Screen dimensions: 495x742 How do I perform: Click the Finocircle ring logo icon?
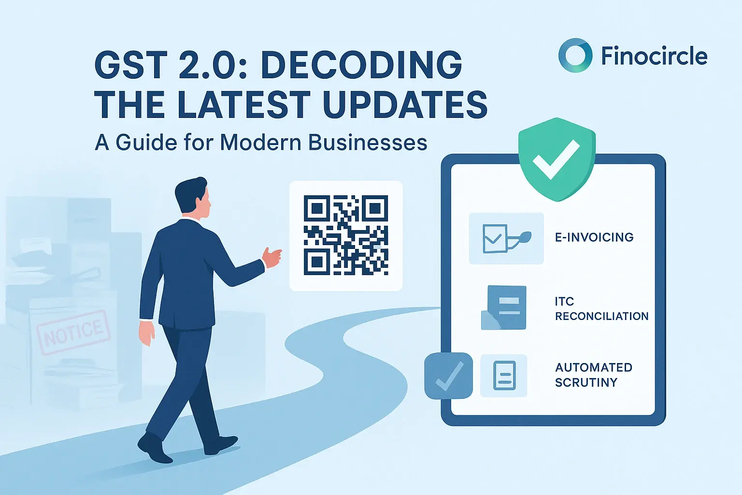(x=575, y=56)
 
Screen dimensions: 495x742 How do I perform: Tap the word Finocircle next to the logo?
(x=654, y=56)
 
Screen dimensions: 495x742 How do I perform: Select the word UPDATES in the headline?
(x=405, y=104)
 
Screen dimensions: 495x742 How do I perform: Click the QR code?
(x=346, y=235)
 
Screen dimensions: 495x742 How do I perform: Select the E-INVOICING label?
(x=594, y=237)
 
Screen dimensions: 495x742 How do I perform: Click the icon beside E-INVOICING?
(x=506, y=238)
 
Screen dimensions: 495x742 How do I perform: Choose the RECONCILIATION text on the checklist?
(x=601, y=316)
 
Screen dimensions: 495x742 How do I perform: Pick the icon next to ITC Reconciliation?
(x=503, y=308)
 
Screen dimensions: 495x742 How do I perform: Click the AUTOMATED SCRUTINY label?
(x=593, y=375)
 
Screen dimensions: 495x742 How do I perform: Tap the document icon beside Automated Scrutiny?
(x=504, y=376)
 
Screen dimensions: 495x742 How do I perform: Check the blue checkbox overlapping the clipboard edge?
(x=448, y=376)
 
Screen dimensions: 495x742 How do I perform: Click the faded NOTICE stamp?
(x=73, y=332)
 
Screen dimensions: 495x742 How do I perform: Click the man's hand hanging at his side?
(x=146, y=333)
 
